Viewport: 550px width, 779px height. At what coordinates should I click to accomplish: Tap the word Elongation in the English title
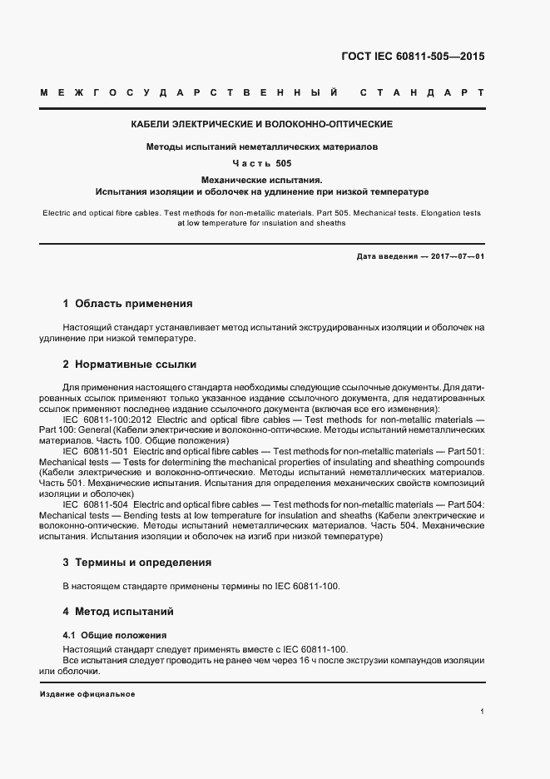point(437,213)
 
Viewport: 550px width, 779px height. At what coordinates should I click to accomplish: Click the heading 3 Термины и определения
point(137,563)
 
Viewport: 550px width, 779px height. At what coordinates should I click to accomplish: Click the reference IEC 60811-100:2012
point(107,420)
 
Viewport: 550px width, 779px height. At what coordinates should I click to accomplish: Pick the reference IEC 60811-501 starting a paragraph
point(95,450)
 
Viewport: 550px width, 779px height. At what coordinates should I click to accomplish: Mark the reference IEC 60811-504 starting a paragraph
point(95,504)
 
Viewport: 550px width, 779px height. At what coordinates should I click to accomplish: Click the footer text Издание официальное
point(87,693)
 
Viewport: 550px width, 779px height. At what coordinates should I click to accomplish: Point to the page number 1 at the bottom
point(482,712)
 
